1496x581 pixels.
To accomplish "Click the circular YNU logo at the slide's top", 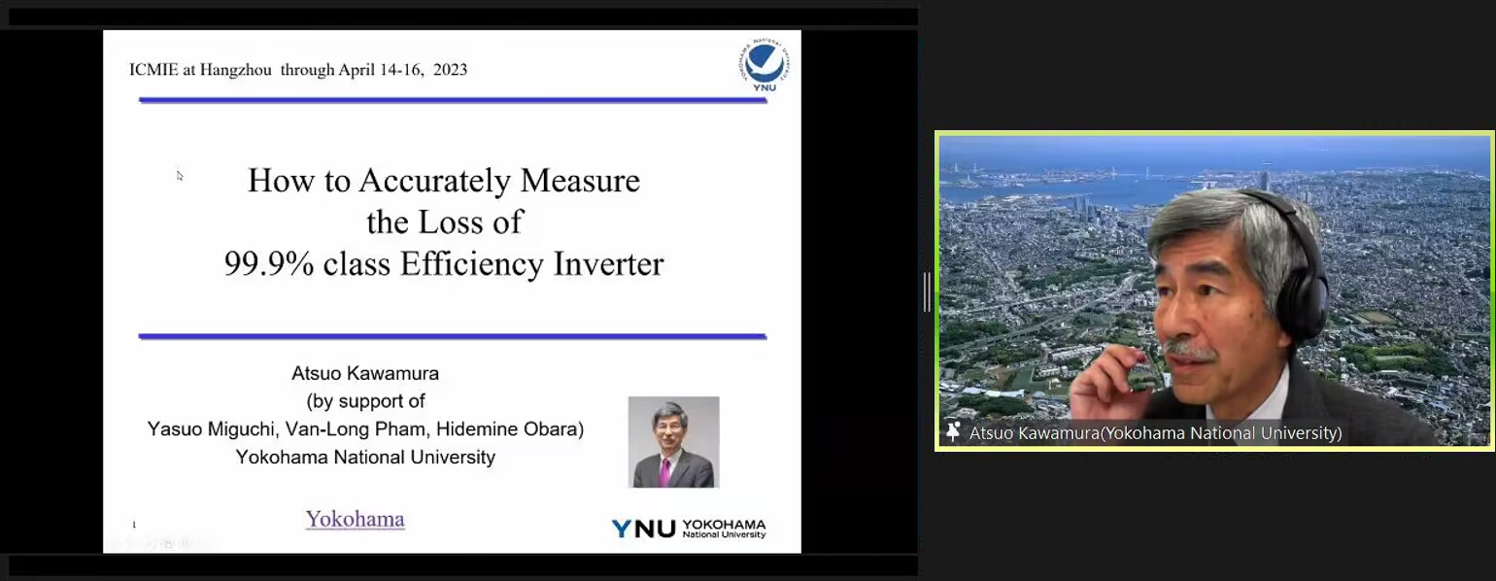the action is point(765,65).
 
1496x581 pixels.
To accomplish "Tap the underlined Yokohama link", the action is point(356,519).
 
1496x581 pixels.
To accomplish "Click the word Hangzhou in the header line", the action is point(236,69).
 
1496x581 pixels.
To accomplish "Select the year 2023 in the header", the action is point(450,69).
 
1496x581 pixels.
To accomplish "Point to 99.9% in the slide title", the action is point(268,263).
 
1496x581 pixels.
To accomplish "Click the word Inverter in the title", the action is point(608,263).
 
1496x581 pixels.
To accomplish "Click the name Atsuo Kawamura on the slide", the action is point(365,373).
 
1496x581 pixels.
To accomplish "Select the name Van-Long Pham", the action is point(356,428).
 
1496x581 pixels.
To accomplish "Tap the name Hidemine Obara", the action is point(510,428).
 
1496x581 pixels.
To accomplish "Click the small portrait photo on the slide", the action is point(674,442).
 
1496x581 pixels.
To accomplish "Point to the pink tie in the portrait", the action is point(664,472).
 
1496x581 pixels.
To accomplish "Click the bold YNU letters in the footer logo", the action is point(643,529).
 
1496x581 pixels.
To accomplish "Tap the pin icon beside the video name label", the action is point(953,432).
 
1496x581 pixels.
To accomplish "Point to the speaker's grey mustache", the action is point(1189,350).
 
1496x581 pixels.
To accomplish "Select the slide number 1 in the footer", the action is point(134,525).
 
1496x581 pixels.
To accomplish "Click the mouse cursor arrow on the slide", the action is point(180,176).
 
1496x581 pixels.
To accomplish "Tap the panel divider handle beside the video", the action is point(927,291).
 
